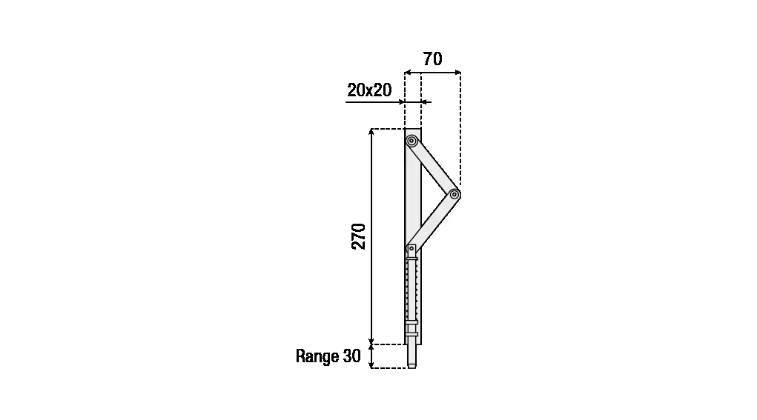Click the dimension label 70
(x=432, y=59)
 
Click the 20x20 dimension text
(x=369, y=90)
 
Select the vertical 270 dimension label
(x=358, y=236)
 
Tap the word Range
(x=317, y=356)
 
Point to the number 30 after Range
(x=352, y=356)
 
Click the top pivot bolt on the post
(x=411, y=141)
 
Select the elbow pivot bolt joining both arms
(x=454, y=194)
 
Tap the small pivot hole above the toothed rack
(x=411, y=248)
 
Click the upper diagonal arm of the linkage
(x=433, y=167)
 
